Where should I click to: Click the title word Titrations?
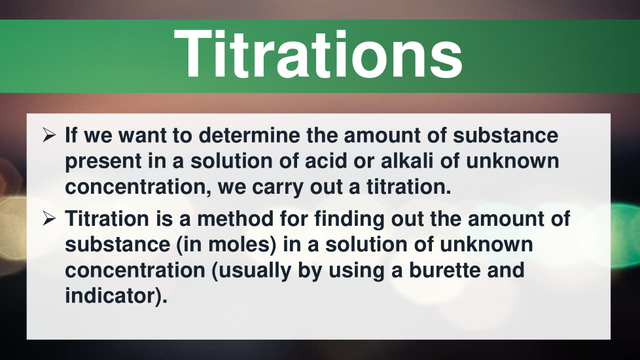pos(318,54)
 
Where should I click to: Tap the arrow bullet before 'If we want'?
pos(49,135)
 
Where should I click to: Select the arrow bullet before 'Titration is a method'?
pos(49,219)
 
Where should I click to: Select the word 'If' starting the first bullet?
pos(71,135)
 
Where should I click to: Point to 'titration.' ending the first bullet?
pos(408,187)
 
